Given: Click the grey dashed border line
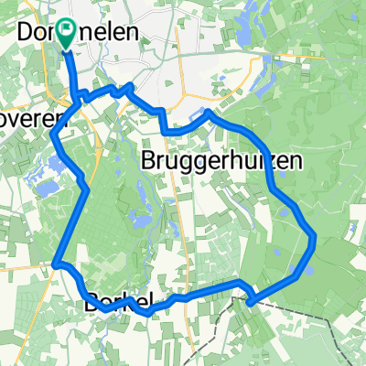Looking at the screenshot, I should pyautogui.click(x=302, y=311).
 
